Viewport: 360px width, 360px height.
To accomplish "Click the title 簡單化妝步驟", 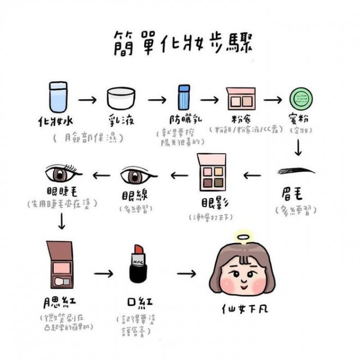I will click(x=179, y=42).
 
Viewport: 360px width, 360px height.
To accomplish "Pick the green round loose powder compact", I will click(x=301, y=99).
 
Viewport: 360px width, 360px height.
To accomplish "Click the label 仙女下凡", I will click(x=246, y=310).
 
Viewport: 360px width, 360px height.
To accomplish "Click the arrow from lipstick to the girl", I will click(x=187, y=273).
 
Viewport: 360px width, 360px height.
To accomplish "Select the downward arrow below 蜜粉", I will click(x=298, y=147).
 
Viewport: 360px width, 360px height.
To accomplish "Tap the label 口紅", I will click(x=136, y=302).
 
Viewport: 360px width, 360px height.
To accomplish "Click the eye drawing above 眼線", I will click(x=136, y=176).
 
